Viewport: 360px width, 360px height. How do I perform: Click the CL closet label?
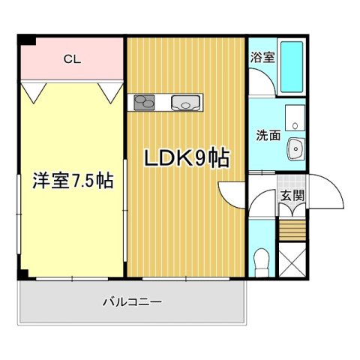72,58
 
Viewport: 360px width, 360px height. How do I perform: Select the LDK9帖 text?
187,158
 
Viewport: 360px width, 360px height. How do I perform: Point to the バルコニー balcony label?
132,302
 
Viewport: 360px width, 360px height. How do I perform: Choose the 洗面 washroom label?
268,136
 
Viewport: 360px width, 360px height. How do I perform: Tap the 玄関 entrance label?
292,196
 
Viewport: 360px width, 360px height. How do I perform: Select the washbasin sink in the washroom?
296,150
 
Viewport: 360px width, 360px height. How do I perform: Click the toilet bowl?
262,261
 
